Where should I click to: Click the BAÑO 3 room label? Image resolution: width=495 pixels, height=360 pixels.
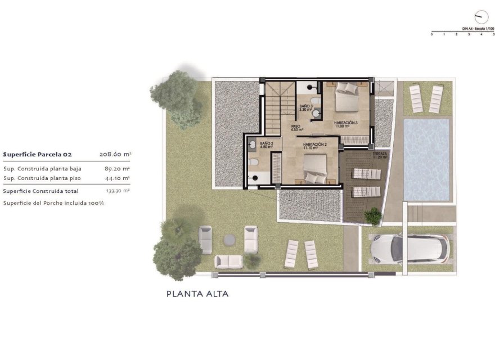(305, 108)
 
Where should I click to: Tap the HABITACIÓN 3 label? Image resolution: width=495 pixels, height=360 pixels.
(346, 124)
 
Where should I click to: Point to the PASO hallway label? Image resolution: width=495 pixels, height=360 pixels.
(295, 128)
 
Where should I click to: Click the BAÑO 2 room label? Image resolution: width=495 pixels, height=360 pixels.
(266, 146)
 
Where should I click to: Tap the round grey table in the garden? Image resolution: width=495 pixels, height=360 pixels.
(229, 240)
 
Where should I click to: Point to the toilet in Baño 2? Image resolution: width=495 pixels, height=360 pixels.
(254, 163)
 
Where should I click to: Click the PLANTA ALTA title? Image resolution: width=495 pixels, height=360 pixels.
(197, 294)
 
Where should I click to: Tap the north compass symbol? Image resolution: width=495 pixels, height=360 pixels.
(481, 16)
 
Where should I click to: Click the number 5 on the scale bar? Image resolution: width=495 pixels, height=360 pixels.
(493, 34)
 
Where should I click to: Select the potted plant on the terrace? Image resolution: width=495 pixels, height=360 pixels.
(372, 215)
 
